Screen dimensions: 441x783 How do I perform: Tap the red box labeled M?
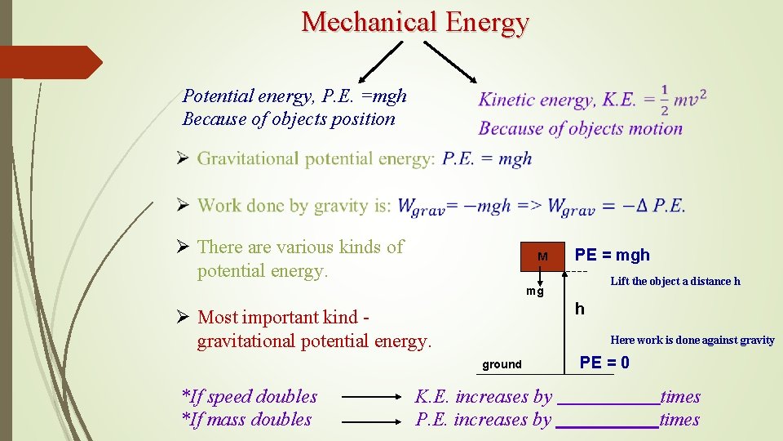[x=542, y=256]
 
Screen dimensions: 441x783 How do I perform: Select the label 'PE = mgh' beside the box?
[x=613, y=255]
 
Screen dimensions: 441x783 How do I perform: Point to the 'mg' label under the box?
[x=534, y=292]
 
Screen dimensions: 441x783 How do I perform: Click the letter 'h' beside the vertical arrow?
[x=579, y=309]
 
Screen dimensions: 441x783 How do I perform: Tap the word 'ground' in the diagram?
[x=502, y=364]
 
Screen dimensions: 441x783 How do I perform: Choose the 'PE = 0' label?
[x=604, y=363]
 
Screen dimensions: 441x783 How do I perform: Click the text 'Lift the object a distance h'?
[x=675, y=282]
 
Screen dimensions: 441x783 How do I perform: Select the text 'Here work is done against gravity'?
[x=692, y=341]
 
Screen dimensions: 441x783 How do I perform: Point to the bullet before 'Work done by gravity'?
[x=184, y=205]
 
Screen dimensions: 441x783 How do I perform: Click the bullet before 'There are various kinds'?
[x=184, y=247]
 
